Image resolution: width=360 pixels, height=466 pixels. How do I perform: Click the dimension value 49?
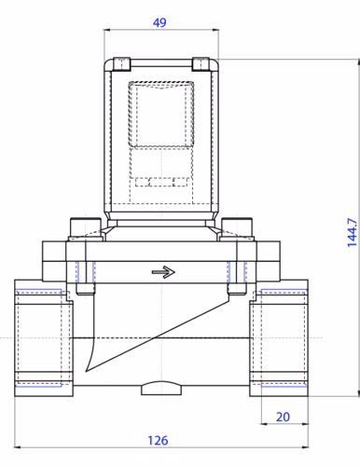coord(159,22)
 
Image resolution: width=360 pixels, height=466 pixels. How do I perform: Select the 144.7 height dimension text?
coord(353,232)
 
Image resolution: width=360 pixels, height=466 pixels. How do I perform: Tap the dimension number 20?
coord(283,417)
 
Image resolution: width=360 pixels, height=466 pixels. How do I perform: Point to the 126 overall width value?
coord(158,441)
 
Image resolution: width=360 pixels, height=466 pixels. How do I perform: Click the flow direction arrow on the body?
coord(163,272)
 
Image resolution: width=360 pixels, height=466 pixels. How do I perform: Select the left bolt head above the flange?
coord(86,227)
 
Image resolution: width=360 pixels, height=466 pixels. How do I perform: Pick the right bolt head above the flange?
coord(237,227)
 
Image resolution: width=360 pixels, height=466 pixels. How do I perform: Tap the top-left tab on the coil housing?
coord(121,64)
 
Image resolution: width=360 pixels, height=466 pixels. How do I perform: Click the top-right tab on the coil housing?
coord(201,64)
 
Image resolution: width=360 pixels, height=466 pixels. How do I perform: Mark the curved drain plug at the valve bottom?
coord(161,388)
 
